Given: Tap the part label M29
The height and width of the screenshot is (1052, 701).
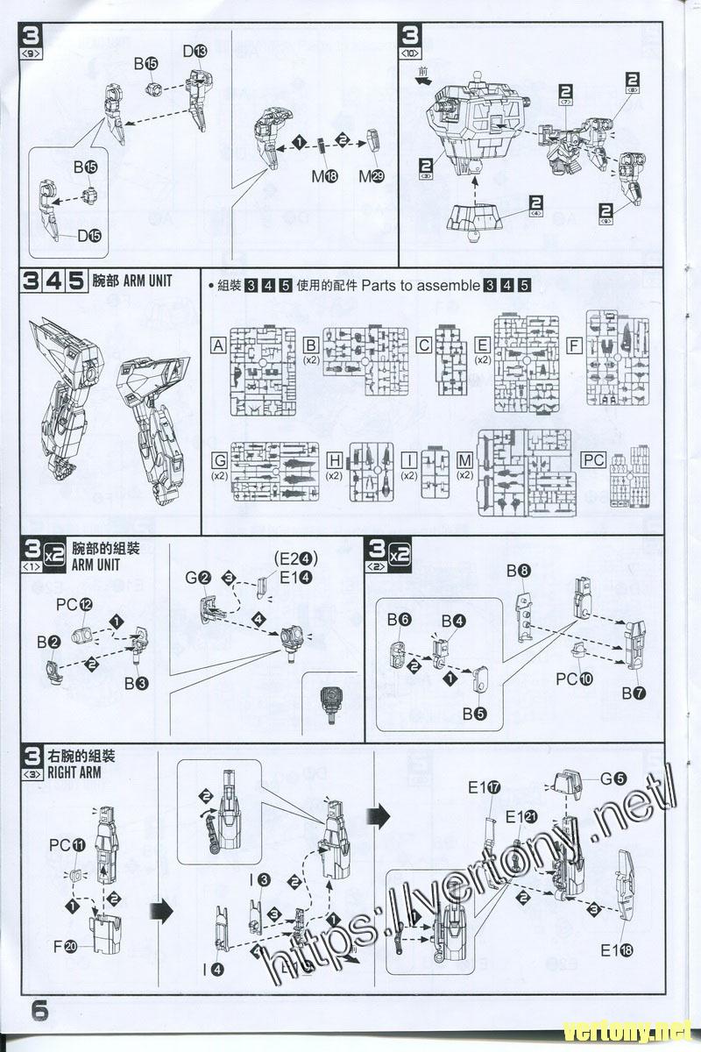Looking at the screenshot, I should [x=372, y=176].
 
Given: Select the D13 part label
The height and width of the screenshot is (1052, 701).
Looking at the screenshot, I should [x=195, y=53].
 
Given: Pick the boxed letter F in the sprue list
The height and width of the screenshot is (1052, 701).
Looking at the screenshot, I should [x=574, y=345].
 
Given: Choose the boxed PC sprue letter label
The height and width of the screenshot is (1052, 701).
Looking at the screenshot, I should [x=593, y=460].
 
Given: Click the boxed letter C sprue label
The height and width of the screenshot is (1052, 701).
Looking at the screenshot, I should [x=423, y=345].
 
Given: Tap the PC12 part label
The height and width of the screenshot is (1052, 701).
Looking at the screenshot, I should [x=74, y=605].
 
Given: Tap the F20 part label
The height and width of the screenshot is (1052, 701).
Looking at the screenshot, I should [x=65, y=946].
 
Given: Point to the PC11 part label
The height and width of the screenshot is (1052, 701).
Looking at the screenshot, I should [x=67, y=845].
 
